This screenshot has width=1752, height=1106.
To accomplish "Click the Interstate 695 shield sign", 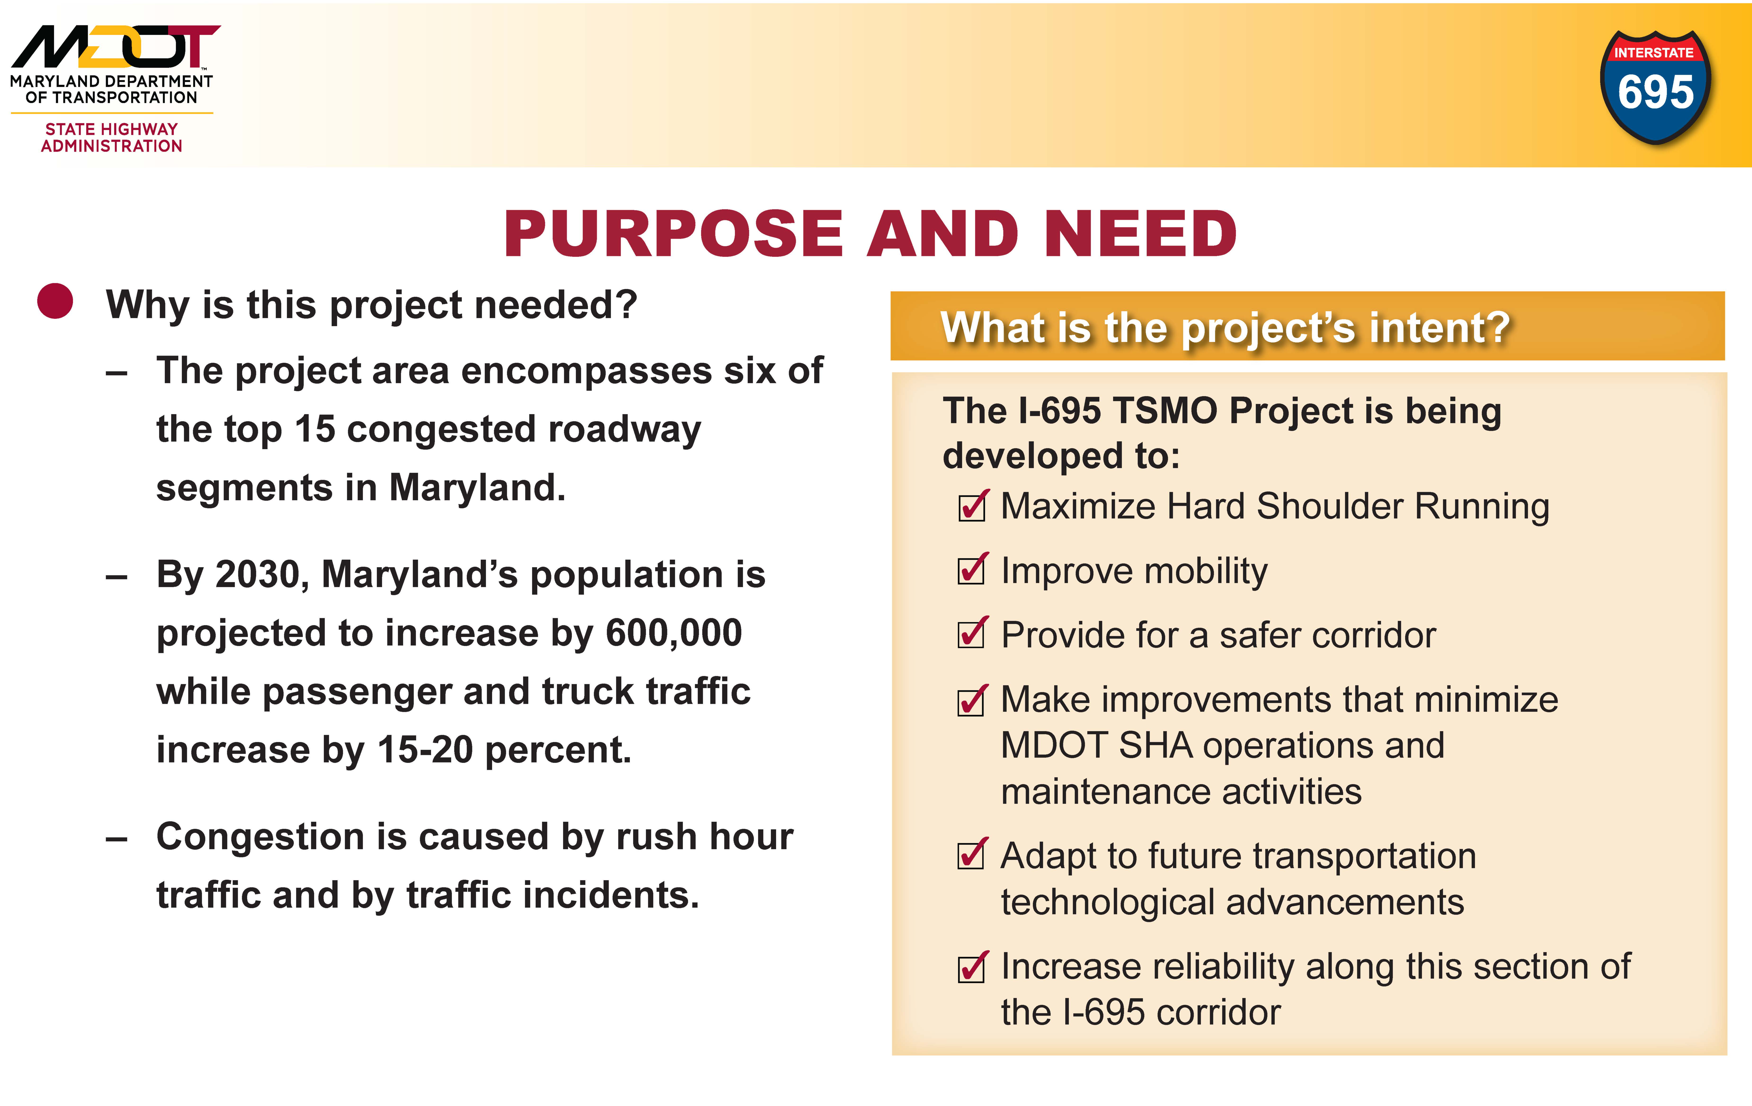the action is tap(1655, 87).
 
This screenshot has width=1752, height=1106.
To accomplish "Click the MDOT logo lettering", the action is tap(115, 47).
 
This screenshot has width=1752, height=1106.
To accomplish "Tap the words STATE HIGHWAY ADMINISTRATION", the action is tap(111, 137).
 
